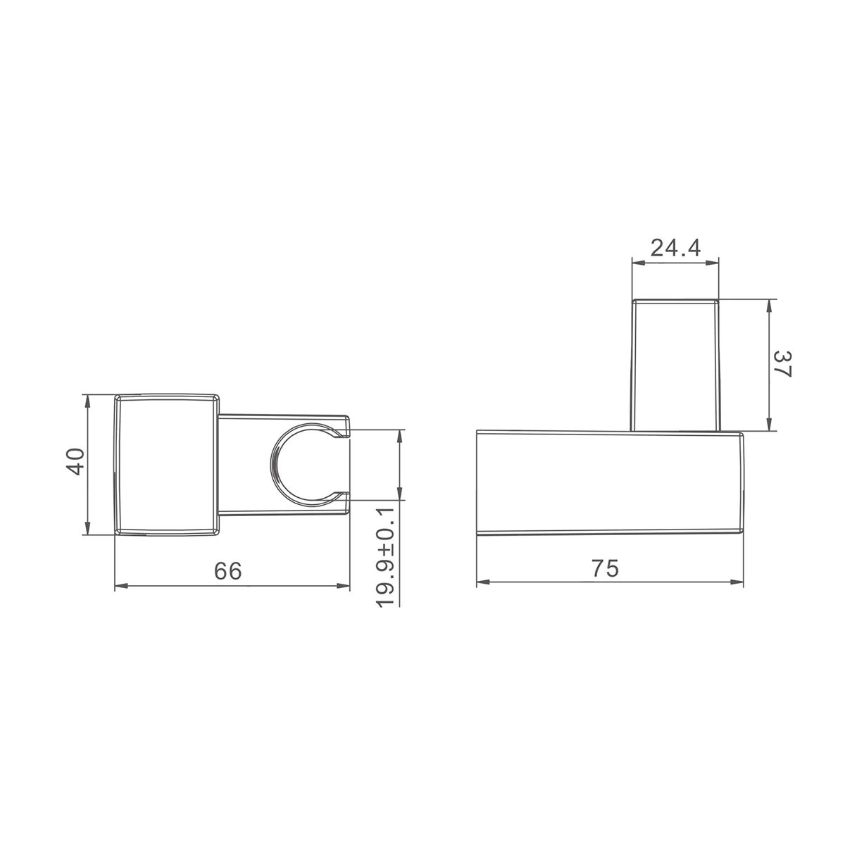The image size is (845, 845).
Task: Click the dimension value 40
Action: (x=75, y=461)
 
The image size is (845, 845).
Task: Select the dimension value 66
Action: (x=227, y=570)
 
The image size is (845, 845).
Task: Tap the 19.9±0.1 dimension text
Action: (x=385, y=557)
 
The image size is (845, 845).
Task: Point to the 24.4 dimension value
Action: (x=675, y=248)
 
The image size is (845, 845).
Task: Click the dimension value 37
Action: (x=782, y=363)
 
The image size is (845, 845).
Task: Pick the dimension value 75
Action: (x=605, y=568)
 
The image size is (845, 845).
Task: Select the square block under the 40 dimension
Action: (x=167, y=465)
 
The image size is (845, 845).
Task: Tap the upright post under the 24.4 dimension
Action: (x=675, y=365)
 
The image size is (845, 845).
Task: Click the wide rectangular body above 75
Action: (x=610, y=483)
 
